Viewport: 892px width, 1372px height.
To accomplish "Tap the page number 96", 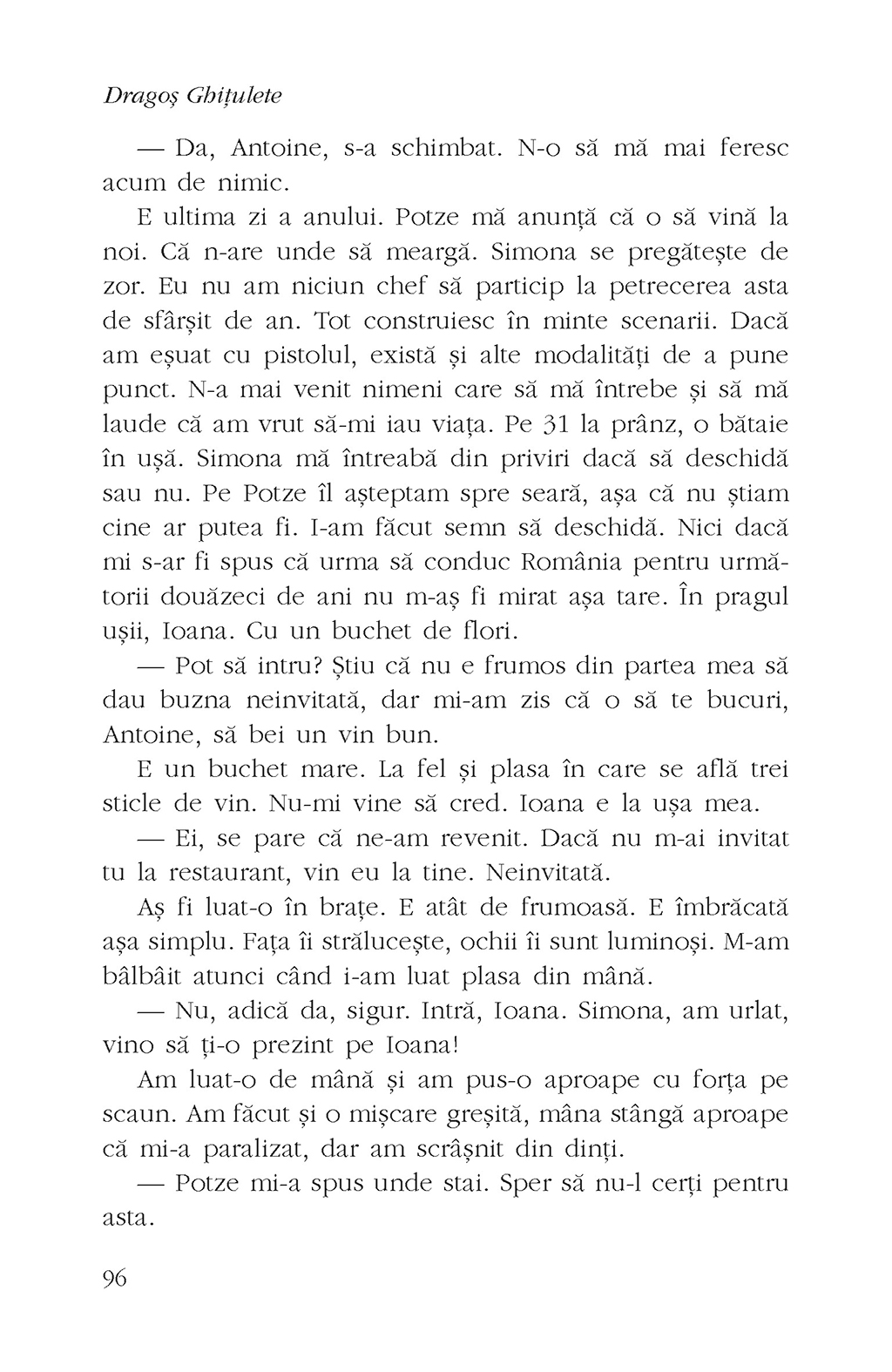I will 115,1278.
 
